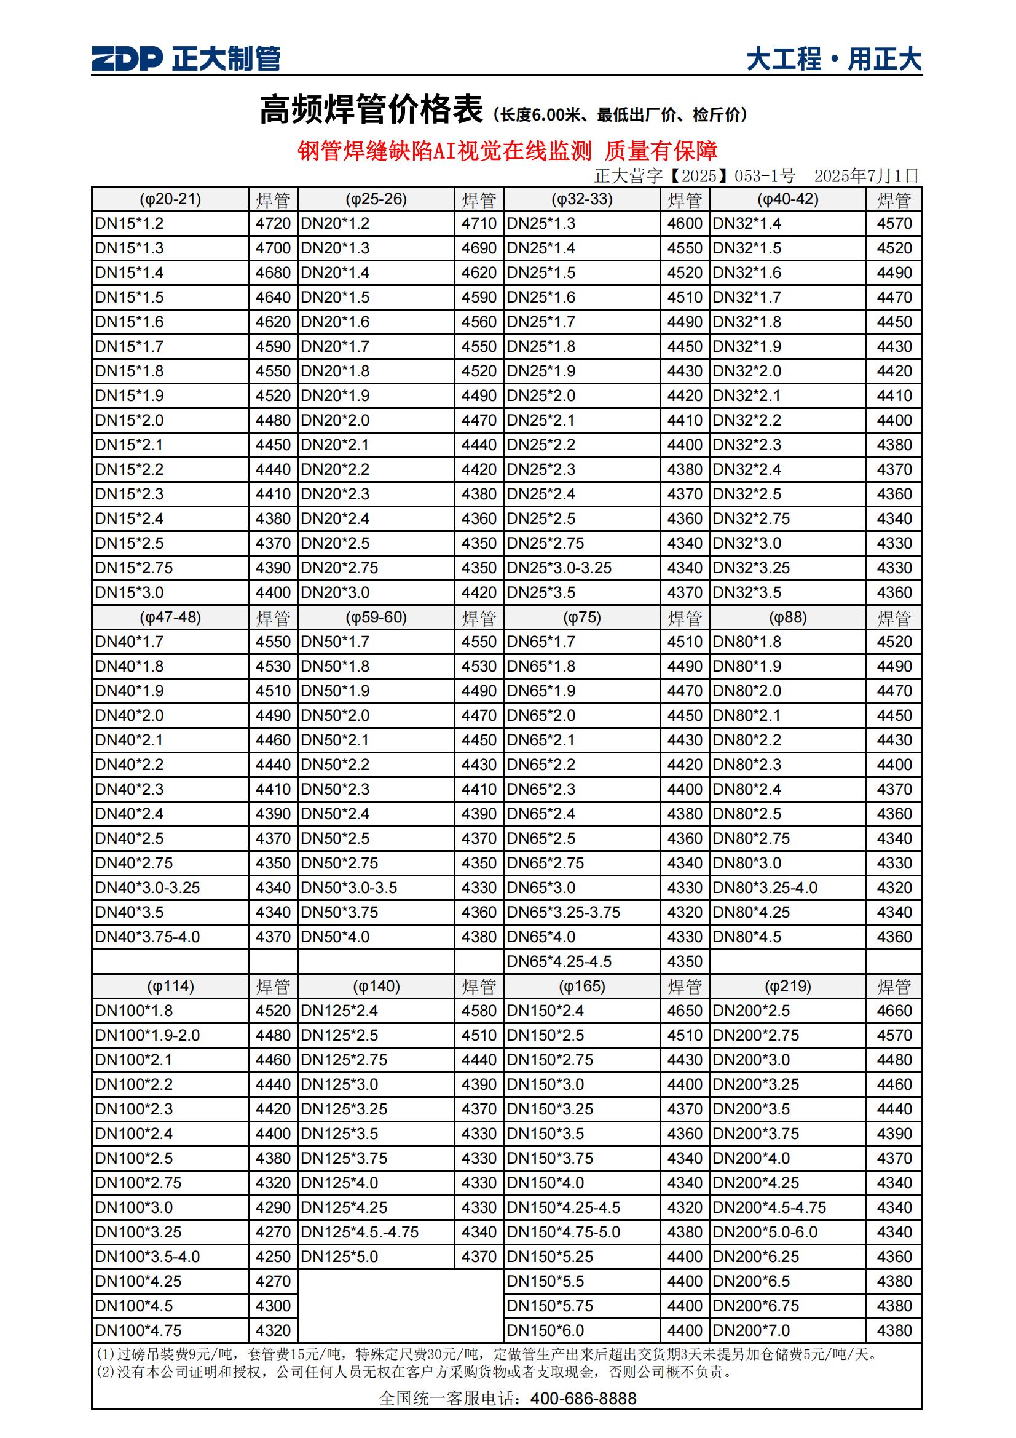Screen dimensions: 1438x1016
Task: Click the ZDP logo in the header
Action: [127, 59]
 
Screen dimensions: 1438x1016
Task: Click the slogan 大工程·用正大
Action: [833, 60]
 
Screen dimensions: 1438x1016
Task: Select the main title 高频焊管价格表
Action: [371, 109]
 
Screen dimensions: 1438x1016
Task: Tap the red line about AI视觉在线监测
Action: [507, 150]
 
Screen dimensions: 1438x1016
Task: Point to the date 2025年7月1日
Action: [866, 176]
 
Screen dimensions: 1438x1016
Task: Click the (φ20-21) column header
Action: [170, 199]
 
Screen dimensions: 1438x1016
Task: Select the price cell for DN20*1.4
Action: [479, 273]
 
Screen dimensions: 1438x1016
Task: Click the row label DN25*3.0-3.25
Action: [559, 568]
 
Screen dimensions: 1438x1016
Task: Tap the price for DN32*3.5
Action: [894, 592]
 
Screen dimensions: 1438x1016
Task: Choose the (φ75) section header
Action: [581, 618]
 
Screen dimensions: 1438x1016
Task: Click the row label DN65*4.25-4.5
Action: [559, 961]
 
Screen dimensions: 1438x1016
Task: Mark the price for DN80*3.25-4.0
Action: [894, 888]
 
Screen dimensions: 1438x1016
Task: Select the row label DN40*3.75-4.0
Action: [147, 937]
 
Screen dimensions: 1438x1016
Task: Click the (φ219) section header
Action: [787, 987]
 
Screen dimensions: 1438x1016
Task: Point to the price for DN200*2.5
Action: [894, 1011]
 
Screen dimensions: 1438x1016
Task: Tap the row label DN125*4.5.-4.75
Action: [360, 1232]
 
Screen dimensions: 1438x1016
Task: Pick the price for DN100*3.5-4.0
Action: [273, 1257]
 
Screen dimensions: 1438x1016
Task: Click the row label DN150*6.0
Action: [545, 1330]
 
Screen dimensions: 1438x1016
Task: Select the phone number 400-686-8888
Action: [583, 1399]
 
